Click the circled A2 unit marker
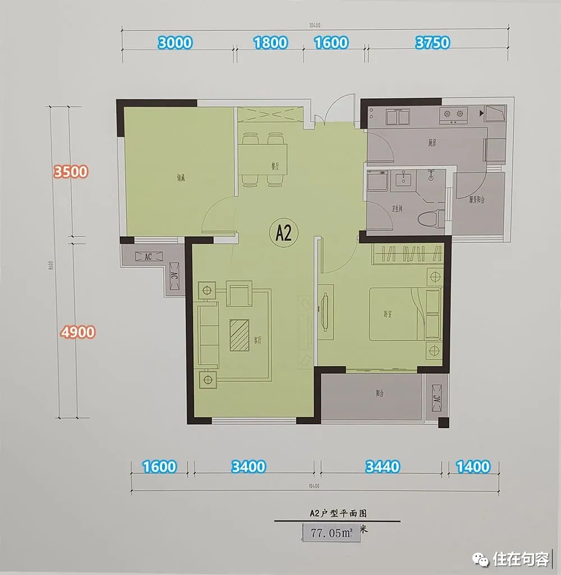(x=284, y=232)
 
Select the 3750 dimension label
(x=432, y=43)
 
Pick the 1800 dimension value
(x=270, y=43)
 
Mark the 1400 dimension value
(x=472, y=467)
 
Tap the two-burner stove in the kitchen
(x=453, y=115)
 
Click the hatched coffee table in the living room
(x=240, y=334)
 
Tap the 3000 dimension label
(x=175, y=43)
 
